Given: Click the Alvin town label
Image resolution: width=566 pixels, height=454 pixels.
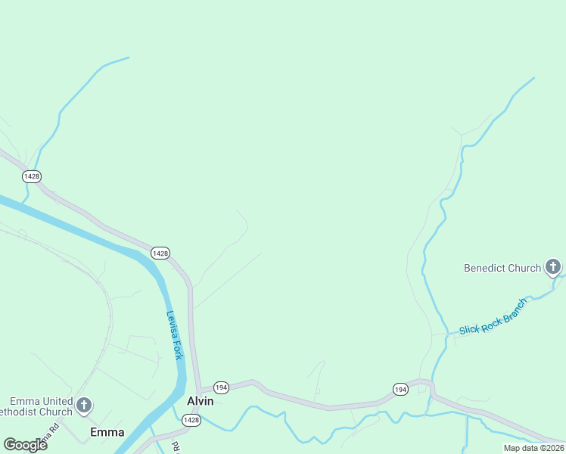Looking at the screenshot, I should click(201, 401).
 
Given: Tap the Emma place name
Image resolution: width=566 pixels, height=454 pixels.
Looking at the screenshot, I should click(107, 433).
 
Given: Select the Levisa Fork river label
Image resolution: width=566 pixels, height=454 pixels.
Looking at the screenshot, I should click(175, 335).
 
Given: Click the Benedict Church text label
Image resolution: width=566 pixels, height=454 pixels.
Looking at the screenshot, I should click(502, 268).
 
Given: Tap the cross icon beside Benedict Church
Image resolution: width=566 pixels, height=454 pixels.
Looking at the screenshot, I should click(553, 267).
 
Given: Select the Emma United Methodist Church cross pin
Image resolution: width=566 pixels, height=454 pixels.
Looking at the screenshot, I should click(84, 406).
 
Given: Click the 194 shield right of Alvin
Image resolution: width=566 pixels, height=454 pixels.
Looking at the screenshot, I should click(221, 387).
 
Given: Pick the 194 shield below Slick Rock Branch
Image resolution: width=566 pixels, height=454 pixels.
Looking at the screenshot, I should click(401, 389).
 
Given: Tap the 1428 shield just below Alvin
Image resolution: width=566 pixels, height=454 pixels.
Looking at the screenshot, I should click(191, 420).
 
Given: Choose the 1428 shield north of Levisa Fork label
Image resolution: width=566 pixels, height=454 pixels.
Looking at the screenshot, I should click(160, 253).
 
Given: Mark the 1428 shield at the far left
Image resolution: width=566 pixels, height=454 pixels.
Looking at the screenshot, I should click(31, 176).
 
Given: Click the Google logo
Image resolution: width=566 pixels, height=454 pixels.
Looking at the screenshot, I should click(25, 444).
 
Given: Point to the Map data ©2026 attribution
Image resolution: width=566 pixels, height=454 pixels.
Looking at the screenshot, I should click(533, 448).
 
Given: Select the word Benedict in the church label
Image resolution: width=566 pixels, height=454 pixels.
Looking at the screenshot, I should click(488, 268).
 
